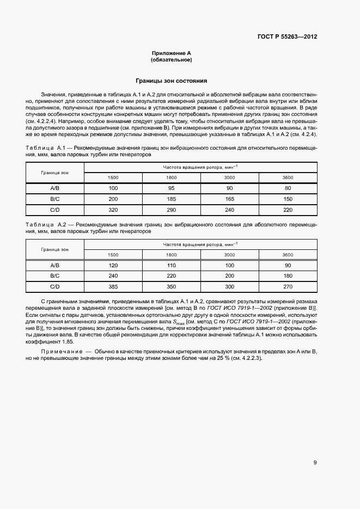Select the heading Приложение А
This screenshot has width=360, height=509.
coord(172,53)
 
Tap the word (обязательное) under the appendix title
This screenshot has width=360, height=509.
coord(172,60)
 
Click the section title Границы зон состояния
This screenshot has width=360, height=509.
coord(172,81)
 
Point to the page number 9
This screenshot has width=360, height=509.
coord(315,463)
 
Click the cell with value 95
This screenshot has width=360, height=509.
coord(171,188)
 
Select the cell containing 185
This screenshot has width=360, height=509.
coord(171,199)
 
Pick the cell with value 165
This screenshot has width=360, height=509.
coord(229,199)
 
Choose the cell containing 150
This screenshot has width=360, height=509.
coord(288,199)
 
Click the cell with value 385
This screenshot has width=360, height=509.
coord(113,286)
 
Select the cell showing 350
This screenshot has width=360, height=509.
coord(171,286)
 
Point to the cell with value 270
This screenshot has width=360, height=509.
coord(288,286)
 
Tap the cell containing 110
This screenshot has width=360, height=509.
coord(171,265)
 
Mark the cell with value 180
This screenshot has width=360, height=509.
coord(288,275)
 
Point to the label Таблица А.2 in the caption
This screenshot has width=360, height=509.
coord(46,224)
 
